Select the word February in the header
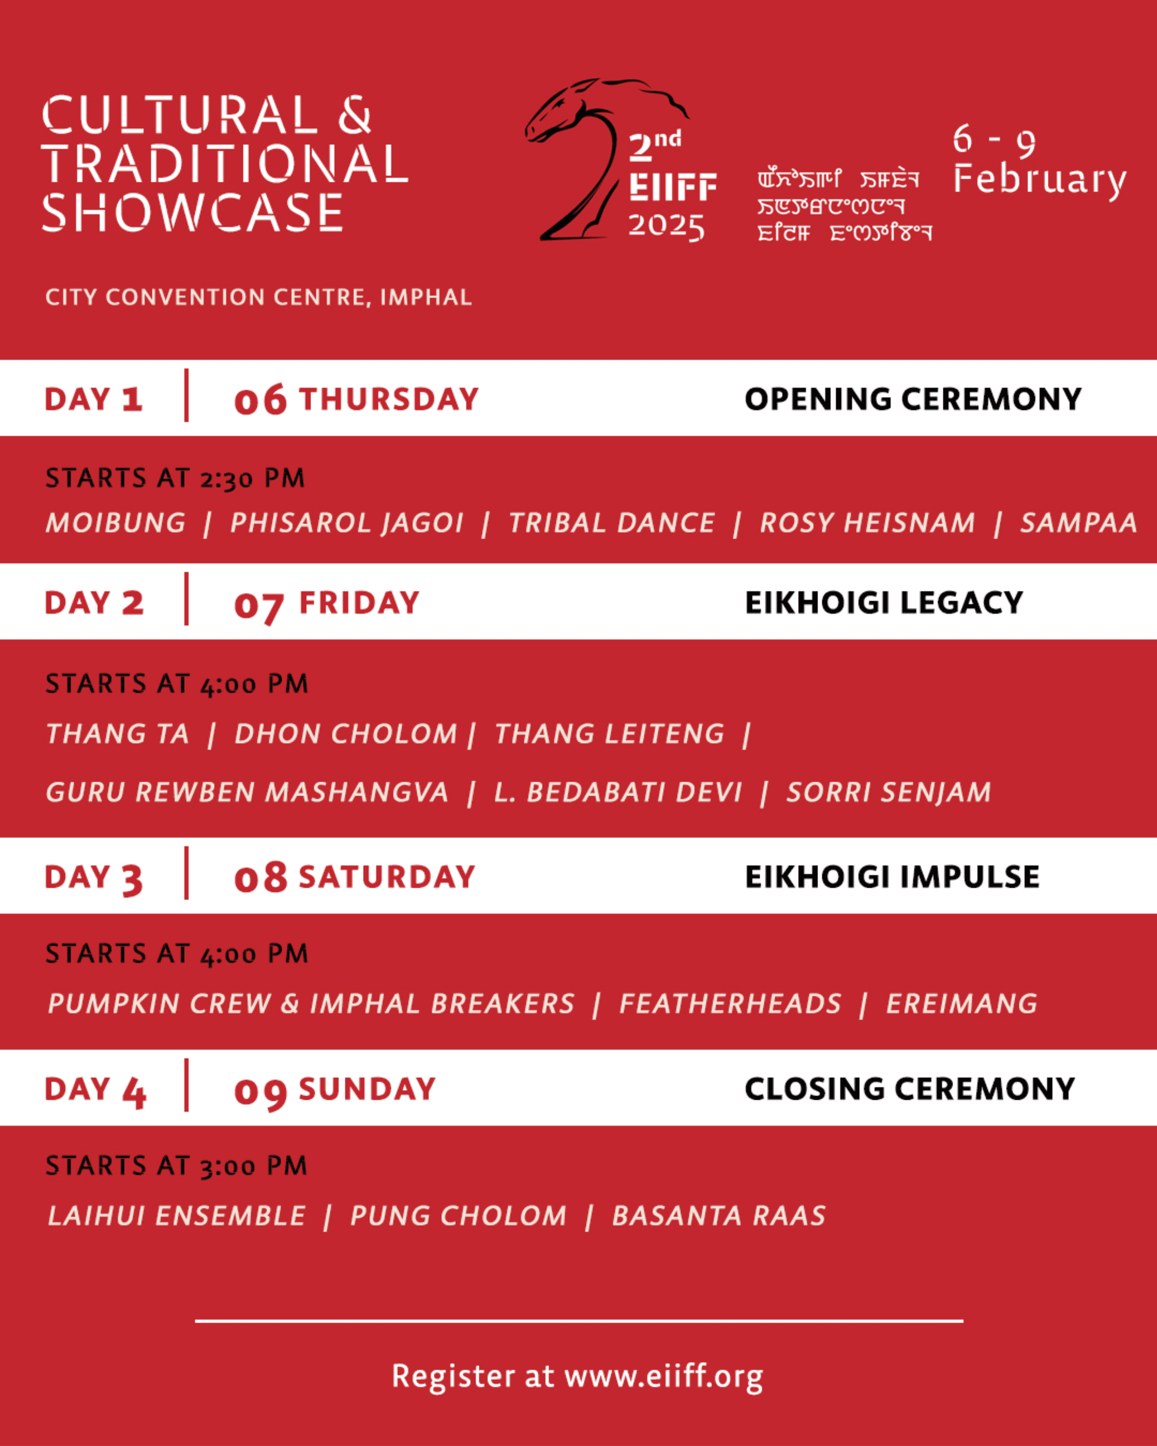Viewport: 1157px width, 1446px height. (x=1040, y=180)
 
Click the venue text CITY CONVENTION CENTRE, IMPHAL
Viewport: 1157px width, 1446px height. (x=258, y=297)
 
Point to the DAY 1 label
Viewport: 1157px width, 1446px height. (x=93, y=399)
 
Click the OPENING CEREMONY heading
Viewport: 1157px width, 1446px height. (x=913, y=399)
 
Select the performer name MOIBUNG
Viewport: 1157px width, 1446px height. (x=115, y=523)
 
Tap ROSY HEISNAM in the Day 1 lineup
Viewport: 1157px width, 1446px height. (x=867, y=523)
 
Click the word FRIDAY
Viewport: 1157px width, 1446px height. (x=359, y=602)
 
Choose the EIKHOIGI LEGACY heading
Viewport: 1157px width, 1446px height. (x=884, y=602)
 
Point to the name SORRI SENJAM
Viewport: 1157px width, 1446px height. (x=889, y=792)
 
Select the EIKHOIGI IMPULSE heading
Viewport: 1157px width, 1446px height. (x=892, y=877)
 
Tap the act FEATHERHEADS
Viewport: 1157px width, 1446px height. (x=730, y=1003)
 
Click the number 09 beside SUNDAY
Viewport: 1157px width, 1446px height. (x=260, y=1091)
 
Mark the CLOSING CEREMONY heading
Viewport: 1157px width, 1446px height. (x=910, y=1089)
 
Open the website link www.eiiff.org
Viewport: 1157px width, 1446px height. (x=663, y=1376)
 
